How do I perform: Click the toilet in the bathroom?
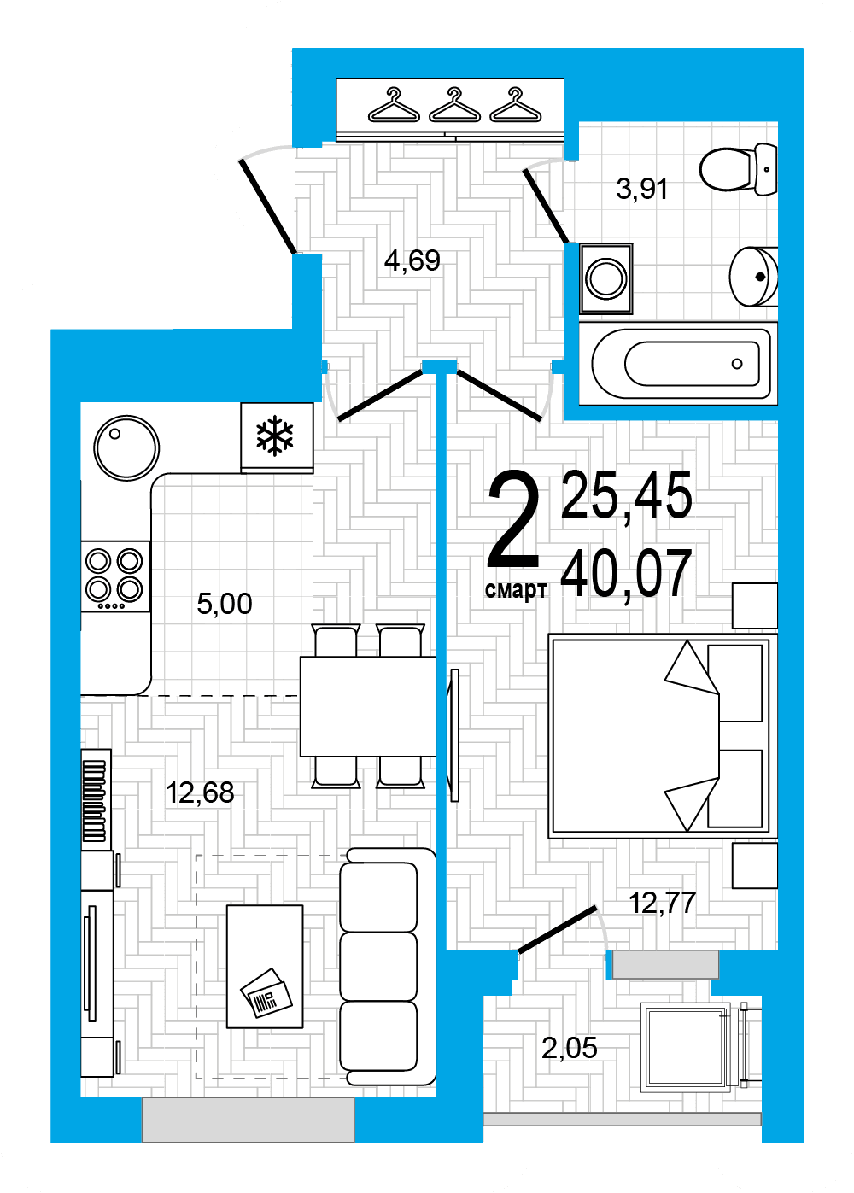(x=739, y=169)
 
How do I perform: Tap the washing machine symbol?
(x=605, y=278)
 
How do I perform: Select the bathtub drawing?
(x=678, y=364)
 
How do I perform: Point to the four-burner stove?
(x=115, y=576)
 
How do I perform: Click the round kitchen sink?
(x=126, y=447)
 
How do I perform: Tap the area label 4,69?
(x=412, y=261)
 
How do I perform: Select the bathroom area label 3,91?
(x=642, y=189)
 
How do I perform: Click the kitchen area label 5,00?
(x=225, y=604)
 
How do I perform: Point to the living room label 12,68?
(x=200, y=792)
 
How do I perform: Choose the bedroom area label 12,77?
(x=662, y=903)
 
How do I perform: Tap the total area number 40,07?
(x=626, y=574)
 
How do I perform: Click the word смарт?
(x=516, y=590)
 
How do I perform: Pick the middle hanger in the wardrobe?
(x=454, y=105)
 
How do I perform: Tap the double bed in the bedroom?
(x=662, y=736)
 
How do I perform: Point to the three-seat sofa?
(x=388, y=967)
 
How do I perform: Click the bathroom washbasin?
(x=753, y=277)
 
